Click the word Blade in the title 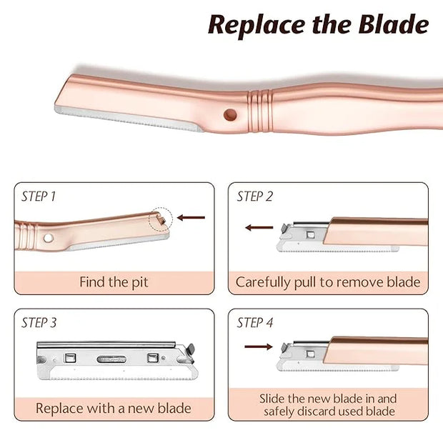coord(394,24)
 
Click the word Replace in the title coord(256,26)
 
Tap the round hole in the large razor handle coord(230,115)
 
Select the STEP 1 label coord(39,196)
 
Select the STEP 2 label coord(255,196)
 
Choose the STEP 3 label coord(39,322)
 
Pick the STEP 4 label coord(255,322)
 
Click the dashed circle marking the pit coord(161,219)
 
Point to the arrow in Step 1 coord(191,217)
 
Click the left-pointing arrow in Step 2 coord(259,227)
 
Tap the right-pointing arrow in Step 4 coord(259,347)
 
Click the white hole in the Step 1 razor coord(49,238)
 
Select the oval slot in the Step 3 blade coord(111,359)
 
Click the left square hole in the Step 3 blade coord(70,358)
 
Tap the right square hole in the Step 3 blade coord(153,358)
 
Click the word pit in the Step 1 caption coord(140,282)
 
